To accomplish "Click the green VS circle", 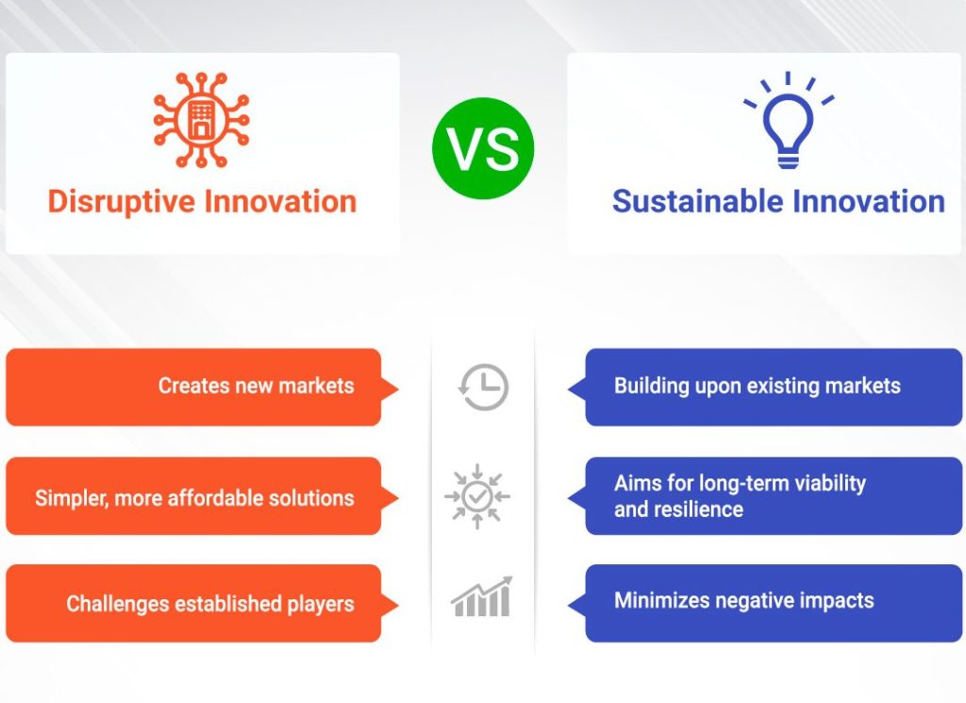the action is click(483, 148).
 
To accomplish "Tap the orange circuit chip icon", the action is click(201, 120).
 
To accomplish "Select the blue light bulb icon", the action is click(788, 121).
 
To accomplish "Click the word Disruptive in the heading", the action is click(121, 202).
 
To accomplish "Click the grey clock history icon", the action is click(484, 387).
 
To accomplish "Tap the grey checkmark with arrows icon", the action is click(477, 496).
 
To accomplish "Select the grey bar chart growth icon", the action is click(481, 596).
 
